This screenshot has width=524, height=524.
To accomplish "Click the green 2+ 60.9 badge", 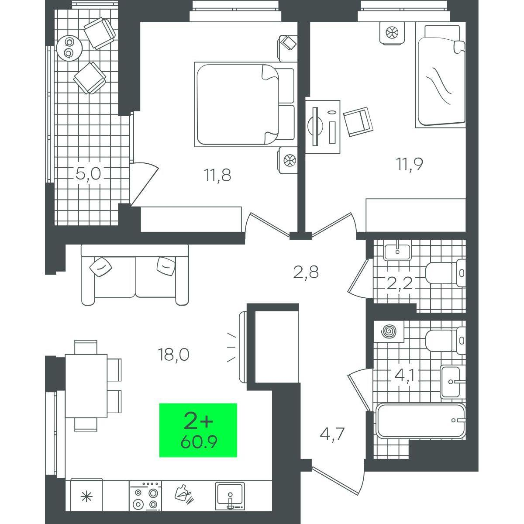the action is pos(198,430).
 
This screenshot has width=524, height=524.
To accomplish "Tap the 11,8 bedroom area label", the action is pos(217,175).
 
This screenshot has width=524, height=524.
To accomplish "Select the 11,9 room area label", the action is pos(410,164).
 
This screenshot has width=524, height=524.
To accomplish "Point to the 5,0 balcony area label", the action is pos(88,173).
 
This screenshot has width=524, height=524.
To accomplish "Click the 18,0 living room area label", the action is pos(173,355).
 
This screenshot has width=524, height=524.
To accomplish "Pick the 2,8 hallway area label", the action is pos(306,272).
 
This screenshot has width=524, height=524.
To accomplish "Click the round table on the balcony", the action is pos(69,48).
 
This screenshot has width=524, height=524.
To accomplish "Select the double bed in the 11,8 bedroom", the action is pos(245,105).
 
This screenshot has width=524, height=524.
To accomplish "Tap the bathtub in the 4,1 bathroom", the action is pos(421,424).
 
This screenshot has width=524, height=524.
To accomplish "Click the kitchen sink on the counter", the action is pos(230,496).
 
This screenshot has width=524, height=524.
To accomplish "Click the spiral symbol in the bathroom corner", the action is pos(389,331).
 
